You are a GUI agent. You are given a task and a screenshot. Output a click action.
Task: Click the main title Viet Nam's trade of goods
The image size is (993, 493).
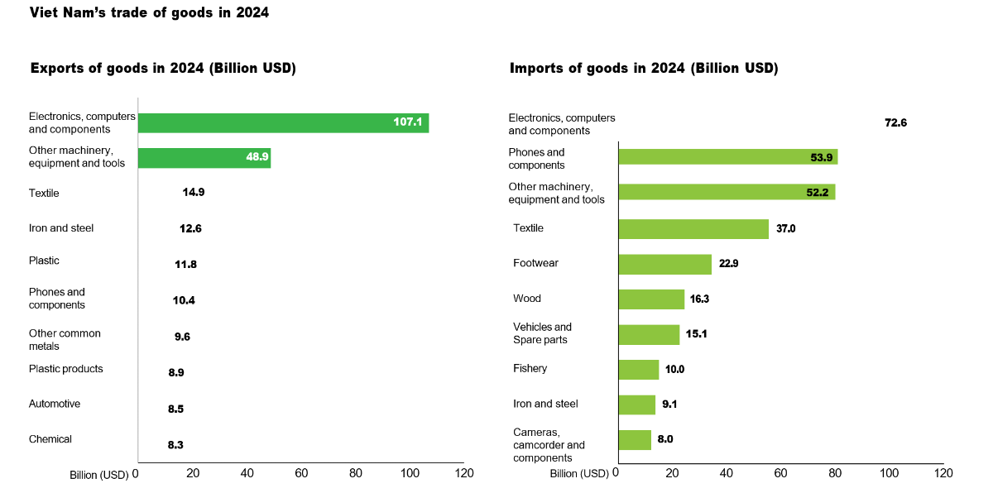click(149, 13)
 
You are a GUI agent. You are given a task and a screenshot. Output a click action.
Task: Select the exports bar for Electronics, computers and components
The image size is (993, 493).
click(283, 123)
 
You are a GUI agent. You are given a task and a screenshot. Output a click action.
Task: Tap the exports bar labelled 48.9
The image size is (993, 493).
click(204, 158)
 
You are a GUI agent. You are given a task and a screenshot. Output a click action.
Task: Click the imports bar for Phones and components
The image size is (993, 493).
click(727, 157)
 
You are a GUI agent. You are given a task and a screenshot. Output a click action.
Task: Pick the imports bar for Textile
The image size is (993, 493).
click(693, 228)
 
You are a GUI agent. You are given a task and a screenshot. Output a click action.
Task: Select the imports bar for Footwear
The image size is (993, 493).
click(664, 264)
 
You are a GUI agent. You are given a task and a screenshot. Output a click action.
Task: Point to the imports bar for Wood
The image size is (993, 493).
click(651, 299)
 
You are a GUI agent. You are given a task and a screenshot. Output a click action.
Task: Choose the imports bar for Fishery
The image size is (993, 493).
click(638, 369)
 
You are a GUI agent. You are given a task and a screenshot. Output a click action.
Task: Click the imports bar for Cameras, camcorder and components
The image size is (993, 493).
click(635, 439)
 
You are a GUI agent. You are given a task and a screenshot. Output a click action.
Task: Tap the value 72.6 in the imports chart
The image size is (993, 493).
click(895, 123)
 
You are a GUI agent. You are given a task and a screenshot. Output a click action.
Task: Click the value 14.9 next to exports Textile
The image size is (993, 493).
click(193, 193)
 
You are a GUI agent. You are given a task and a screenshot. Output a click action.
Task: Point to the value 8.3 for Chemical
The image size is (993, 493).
click(175, 445)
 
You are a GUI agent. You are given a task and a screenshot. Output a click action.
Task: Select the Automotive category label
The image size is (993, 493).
click(55, 404)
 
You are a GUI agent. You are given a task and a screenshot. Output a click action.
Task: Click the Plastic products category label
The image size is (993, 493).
click(66, 369)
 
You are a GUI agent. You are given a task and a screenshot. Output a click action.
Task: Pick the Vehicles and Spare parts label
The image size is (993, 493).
click(542, 333)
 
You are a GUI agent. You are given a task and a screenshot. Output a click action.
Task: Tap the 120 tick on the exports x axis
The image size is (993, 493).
click(464, 473)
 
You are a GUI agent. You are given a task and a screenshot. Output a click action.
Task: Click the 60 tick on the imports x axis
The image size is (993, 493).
click(780, 473)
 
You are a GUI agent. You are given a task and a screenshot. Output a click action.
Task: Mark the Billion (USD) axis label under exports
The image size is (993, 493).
click(98, 475)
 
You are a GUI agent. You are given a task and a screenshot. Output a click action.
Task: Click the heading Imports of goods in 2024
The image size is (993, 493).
click(644, 69)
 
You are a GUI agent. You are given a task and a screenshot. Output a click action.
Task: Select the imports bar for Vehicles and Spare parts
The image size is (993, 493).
click(649, 334)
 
